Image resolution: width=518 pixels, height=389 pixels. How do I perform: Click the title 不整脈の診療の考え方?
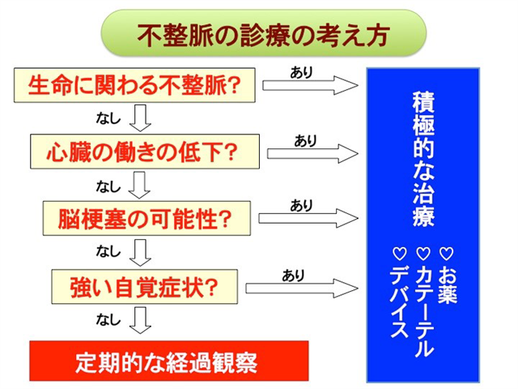263,35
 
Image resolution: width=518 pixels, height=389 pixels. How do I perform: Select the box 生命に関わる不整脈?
134,85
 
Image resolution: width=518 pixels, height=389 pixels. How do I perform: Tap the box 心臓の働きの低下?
145,152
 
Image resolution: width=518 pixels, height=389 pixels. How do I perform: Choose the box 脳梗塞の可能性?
146,218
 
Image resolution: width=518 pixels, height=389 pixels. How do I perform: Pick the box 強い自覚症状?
144,287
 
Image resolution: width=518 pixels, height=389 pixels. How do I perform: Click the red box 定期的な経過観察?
169,361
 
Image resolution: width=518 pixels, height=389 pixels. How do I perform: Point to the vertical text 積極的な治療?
423,159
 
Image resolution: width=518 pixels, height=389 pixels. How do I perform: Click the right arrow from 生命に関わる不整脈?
310,85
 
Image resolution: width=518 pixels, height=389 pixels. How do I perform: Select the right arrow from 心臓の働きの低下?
312,153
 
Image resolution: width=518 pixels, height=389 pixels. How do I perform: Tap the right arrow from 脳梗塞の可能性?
308,218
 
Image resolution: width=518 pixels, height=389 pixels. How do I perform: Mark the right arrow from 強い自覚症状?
302,289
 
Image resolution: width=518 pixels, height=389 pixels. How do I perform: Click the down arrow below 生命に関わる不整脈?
140,118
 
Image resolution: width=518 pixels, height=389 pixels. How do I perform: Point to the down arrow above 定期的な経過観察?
140,320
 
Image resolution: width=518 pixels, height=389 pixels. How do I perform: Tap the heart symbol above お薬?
446,254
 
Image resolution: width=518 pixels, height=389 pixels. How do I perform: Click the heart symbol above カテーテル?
423,254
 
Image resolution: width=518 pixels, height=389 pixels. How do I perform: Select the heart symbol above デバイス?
400,254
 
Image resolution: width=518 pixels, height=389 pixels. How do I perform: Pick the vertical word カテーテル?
424,310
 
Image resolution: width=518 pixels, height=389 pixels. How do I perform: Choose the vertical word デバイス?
400,301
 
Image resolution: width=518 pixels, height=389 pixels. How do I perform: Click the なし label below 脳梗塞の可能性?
108,251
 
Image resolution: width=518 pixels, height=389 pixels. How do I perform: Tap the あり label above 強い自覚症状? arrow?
293,276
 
